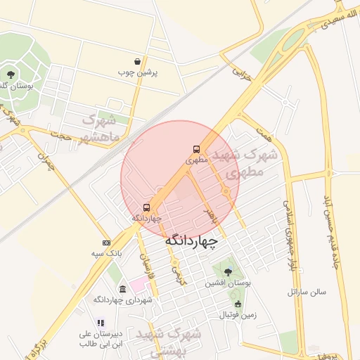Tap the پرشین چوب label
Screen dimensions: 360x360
[x=142, y=72]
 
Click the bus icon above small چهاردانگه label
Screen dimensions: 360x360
[x=146, y=207]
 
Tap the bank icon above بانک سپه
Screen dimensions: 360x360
[x=106, y=242]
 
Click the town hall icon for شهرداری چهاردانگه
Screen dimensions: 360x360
[x=122, y=289]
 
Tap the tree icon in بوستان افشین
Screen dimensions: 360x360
[x=226, y=271]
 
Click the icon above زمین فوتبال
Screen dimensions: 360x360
[x=238, y=304]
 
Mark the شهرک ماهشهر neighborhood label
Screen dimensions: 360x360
[x=104, y=127]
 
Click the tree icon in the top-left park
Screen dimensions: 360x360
[x=11, y=73]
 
